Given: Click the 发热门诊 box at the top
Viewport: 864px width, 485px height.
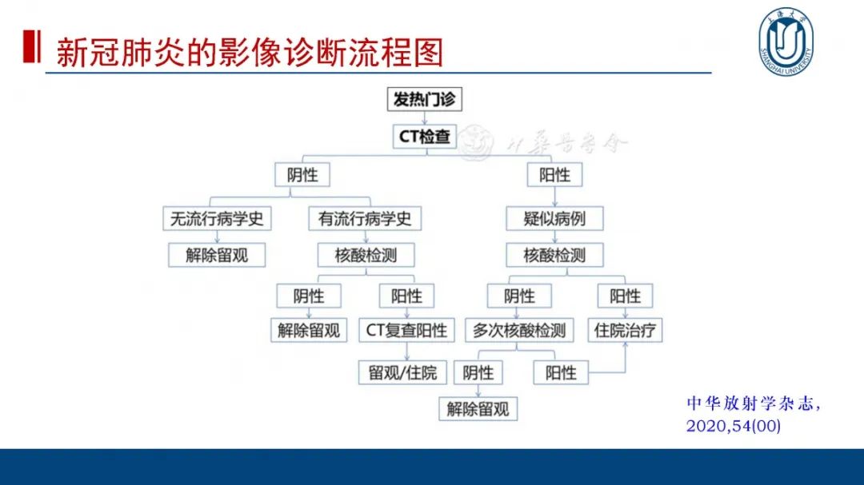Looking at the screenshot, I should point(425,100).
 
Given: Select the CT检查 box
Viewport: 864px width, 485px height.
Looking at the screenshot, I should point(425,137).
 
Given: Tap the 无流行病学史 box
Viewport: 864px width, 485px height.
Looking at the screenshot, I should point(217,218).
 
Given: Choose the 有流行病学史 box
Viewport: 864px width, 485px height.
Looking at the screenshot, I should point(365,218).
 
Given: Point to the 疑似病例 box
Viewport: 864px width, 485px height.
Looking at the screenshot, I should point(554,218).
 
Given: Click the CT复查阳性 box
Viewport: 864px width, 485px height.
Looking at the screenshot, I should point(406,330).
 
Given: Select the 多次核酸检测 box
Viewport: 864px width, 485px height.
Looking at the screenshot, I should point(519,330).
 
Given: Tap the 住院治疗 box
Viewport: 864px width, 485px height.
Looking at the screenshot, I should point(628,330).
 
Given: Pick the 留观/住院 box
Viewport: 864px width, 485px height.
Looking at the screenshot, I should point(402,372).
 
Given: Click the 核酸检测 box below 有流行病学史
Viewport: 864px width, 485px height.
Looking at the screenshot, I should point(365,256).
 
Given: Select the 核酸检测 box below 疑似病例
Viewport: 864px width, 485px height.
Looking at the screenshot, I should point(554,256).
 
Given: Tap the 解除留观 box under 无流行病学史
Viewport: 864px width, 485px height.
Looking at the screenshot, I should point(217,256).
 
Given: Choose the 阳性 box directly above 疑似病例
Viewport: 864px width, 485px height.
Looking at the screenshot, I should point(554,175).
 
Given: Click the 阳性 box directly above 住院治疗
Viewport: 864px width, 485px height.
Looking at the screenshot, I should point(625,296).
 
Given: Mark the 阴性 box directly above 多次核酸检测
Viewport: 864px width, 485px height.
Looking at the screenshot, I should point(519,296).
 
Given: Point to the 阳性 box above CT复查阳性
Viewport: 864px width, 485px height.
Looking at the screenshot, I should point(406,296).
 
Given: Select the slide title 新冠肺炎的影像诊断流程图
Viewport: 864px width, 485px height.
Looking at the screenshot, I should point(249,52).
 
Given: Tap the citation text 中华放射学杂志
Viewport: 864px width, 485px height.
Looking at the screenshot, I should point(753,404).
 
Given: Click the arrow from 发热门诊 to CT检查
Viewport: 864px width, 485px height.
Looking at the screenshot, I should point(425,118).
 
